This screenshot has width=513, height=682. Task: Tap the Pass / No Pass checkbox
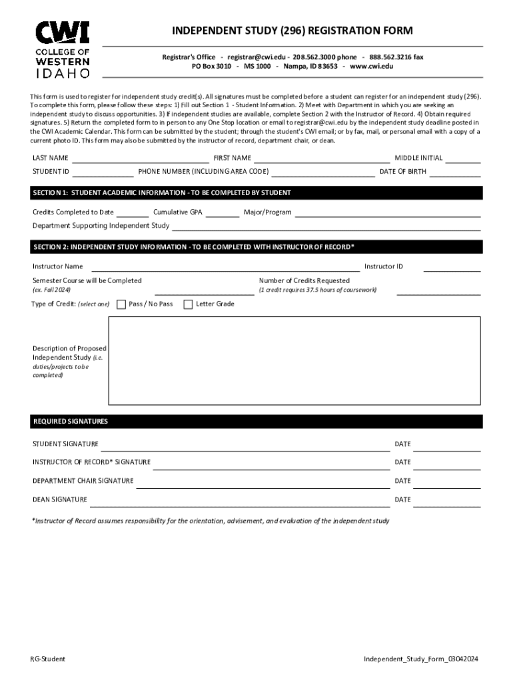point(121,304)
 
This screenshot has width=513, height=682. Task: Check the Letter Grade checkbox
point(188,304)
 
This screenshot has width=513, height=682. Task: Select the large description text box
point(294,360)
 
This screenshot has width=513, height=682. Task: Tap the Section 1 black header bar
point(256,193)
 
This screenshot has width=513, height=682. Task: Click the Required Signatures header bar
point(256,422)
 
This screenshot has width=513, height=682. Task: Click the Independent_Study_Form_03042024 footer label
point(420,659)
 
